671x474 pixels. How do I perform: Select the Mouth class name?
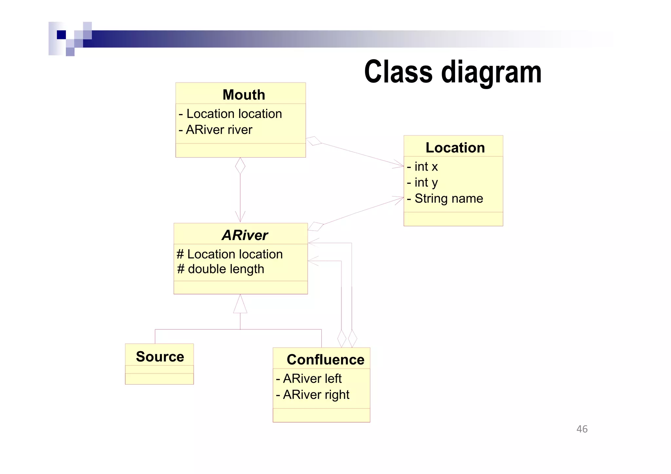(243, 95)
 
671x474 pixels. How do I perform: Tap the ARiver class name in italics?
(245, 235)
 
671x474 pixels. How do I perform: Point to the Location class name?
(455, 148)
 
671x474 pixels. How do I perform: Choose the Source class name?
(160, 356)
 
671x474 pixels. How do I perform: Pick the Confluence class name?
(325, 360)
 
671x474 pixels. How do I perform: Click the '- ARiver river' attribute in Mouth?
(216, 130)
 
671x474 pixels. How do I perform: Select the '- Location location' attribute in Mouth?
(230, 114)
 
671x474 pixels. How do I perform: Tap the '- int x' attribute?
(422, 167)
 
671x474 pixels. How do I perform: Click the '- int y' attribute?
(422, 182)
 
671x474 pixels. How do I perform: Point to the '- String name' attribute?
(445, 199)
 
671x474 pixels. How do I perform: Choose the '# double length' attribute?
(220, 269)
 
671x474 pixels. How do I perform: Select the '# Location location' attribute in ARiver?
(230, 255)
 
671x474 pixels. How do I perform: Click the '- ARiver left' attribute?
(309, 379)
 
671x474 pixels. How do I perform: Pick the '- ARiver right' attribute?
(313, 395)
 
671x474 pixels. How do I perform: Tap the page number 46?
(582, 429)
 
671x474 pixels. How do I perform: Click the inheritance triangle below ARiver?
(240, 305)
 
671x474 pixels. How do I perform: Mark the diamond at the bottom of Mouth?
(240, 166)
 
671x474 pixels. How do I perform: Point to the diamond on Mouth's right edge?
(314, 141)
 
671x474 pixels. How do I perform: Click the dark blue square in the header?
(61, 35)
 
